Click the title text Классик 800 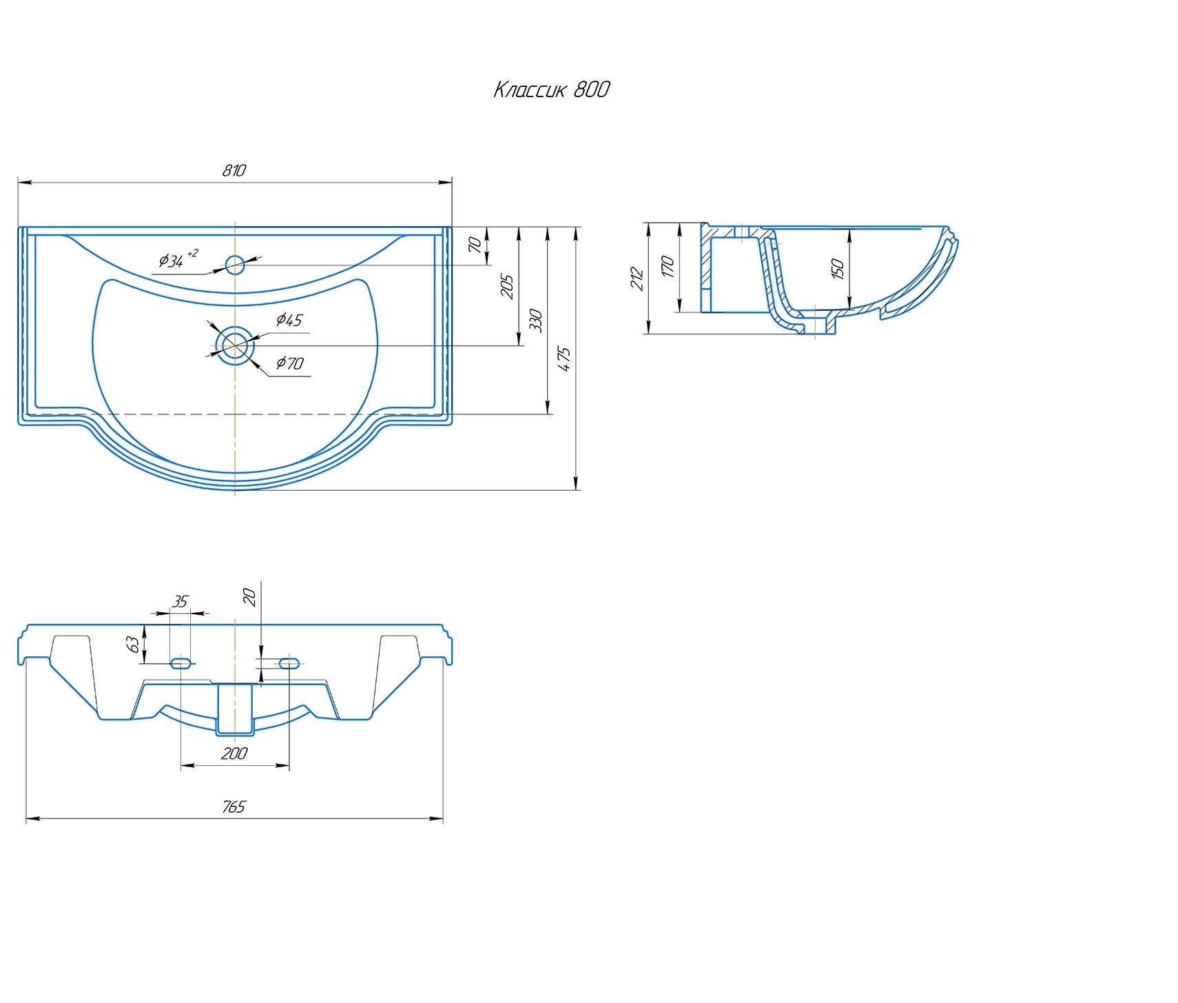pos(551,90)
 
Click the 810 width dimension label pos(234,170)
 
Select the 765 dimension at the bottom pos(234,807)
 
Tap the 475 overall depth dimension pos(564,359)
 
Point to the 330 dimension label pos(537,321)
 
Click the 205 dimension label pos(508,287)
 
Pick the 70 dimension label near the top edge pos(475,244)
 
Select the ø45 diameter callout pos(289,320)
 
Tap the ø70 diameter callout pos(290,363)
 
